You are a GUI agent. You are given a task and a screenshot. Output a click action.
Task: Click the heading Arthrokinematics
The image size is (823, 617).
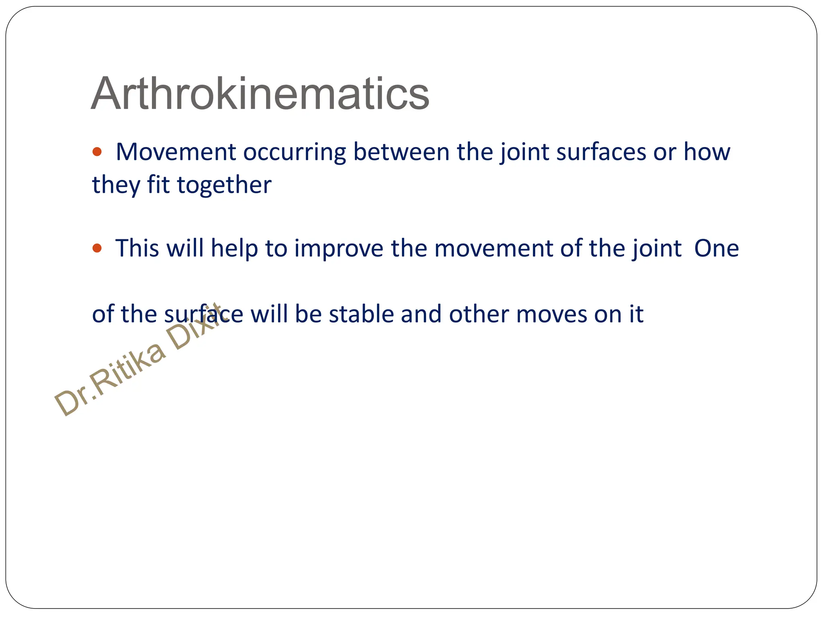(260, 94)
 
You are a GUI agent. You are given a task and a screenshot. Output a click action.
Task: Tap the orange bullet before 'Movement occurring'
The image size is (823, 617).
(97, 152)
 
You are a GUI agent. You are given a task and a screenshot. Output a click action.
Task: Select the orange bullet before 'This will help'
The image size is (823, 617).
(97, 248)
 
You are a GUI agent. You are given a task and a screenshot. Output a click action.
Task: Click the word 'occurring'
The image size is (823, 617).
(294, 153)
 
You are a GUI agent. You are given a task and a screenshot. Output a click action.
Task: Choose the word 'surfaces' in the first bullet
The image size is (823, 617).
(601, 153)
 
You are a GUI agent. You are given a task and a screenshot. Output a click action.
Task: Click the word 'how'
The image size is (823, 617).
(707, 153)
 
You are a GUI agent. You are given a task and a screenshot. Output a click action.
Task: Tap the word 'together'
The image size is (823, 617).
(224, 186)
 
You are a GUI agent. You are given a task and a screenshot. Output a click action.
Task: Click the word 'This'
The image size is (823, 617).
(137, 248)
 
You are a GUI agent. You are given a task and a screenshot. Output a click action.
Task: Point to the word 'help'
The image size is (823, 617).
(234, 249)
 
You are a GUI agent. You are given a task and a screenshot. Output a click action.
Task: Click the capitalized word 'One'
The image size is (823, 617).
(717, 249)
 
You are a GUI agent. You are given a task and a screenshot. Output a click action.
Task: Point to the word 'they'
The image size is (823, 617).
(116, 186)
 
